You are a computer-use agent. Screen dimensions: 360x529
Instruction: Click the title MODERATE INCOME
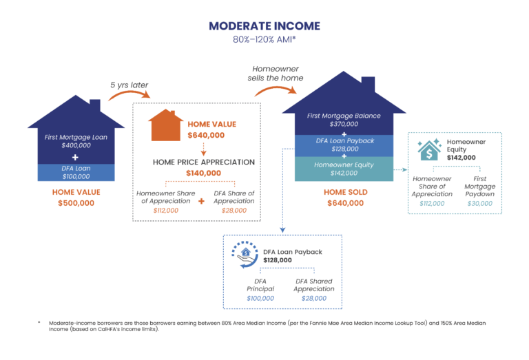click(x=264, y=26)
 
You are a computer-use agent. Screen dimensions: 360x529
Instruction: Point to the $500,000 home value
click(x=75, y=204)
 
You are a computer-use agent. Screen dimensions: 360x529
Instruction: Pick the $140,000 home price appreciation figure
click(x=203, y=173)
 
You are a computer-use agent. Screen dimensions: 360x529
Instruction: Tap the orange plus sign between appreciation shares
click(x=202, y=202)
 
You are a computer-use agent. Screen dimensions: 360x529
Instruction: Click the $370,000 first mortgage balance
click(x=344, y=125)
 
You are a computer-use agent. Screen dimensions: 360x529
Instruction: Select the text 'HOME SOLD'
click(x=345, y=192)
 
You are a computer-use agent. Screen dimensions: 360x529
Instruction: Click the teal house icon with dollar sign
click(x=430, y=149)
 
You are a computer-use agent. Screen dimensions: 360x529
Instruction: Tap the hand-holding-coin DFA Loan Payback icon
click(x=247, y=256)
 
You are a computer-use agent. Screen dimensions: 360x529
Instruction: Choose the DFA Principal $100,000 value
click(x=260, y=298)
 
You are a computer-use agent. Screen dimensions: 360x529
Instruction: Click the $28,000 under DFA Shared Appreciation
click(x=314, y=298)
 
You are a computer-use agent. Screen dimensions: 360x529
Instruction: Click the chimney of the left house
click(x=94, y=105)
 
